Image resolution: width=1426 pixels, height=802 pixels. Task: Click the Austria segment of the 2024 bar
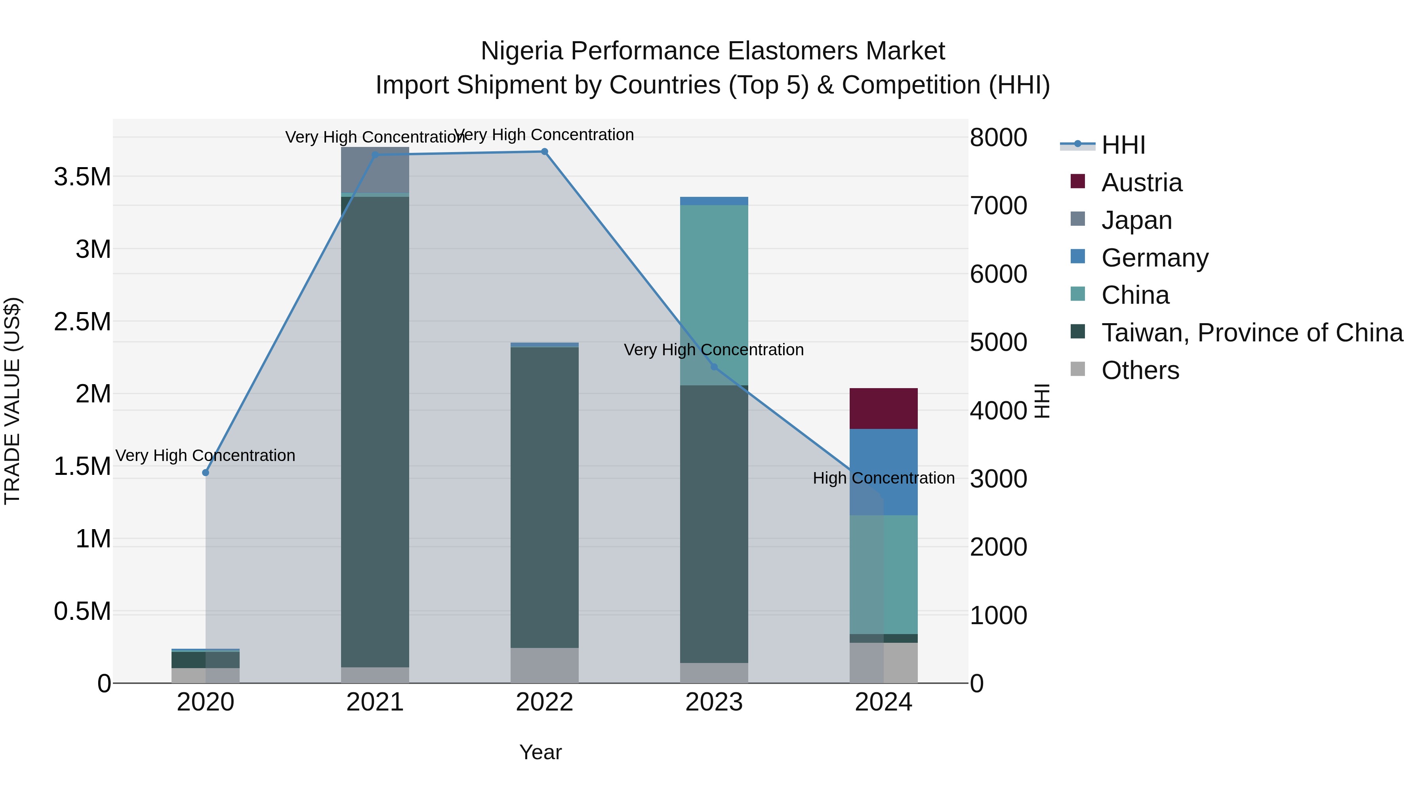883,408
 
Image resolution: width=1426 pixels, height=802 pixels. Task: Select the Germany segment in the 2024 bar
883,472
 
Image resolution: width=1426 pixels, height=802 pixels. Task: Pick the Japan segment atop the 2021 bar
376,170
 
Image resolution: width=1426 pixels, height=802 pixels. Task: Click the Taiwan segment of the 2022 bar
544,497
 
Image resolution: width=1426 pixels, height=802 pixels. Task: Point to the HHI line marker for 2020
205,472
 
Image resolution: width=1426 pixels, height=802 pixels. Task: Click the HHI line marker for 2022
544,152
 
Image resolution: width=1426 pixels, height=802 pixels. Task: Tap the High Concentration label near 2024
883,478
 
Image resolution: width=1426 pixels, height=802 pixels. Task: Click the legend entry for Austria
1142,183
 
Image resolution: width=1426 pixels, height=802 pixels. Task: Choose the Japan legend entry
1136,220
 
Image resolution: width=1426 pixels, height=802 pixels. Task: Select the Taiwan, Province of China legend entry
1252,333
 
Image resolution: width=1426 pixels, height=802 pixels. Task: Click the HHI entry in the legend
1123,145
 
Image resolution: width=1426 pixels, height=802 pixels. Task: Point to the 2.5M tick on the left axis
82,322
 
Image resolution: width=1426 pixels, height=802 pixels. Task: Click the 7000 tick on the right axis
998,205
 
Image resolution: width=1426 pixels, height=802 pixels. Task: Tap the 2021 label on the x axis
376,702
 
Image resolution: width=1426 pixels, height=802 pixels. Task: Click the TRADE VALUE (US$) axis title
13,401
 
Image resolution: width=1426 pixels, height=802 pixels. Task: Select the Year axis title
540,752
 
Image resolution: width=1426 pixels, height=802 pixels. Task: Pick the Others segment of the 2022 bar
544,665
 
